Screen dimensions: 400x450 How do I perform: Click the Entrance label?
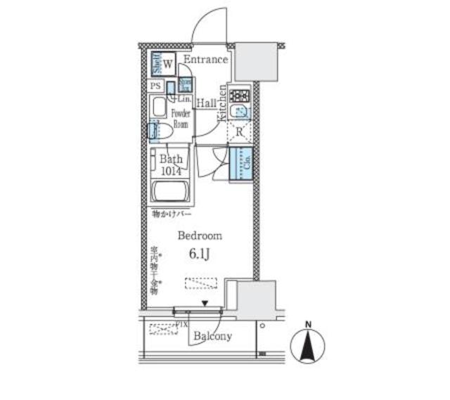[206, 60]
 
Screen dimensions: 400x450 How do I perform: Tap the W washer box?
[168, 65]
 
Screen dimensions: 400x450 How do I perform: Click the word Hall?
[206, 103]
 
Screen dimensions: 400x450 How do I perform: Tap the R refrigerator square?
[240, 132]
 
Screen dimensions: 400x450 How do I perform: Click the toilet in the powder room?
[160, 130]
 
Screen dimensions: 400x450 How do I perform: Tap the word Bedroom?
[200, 236]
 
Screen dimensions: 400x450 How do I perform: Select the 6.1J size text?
[200, 254]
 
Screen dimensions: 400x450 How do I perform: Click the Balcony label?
[212, 336]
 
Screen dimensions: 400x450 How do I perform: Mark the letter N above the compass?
[307, 324]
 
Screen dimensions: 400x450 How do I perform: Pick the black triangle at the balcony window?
[205, 304]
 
